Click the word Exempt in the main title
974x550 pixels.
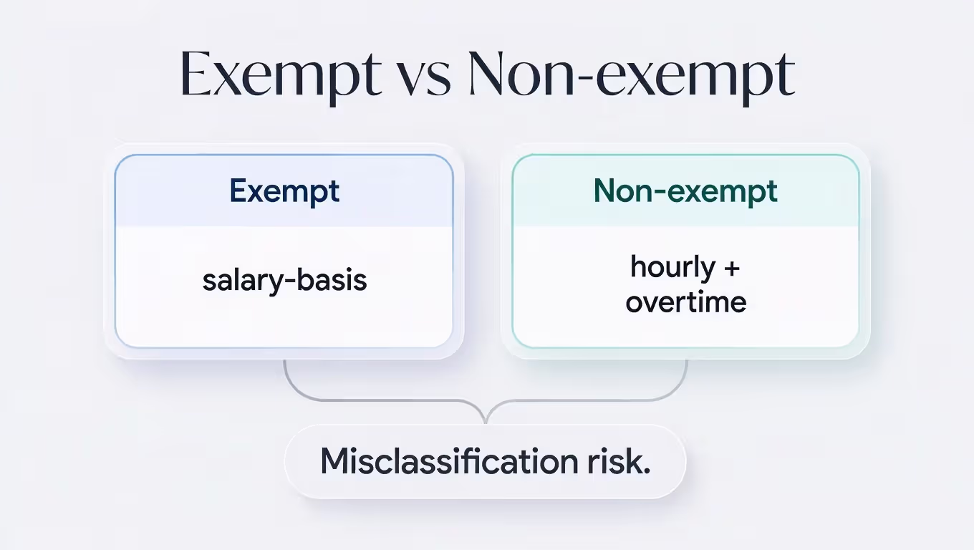[280, 74]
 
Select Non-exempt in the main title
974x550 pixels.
[631, 74]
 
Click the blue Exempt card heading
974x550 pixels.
[284, 191]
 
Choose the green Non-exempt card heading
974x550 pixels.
[685, 191]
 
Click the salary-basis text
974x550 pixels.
[284, 279]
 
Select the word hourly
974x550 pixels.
[662, 268]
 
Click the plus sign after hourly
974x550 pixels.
[730, 269]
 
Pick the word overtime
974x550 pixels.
[685, 301]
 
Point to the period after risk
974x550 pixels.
[647, 470]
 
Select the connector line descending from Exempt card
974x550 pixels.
[286, 376]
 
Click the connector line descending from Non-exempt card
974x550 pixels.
[686, 376]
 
